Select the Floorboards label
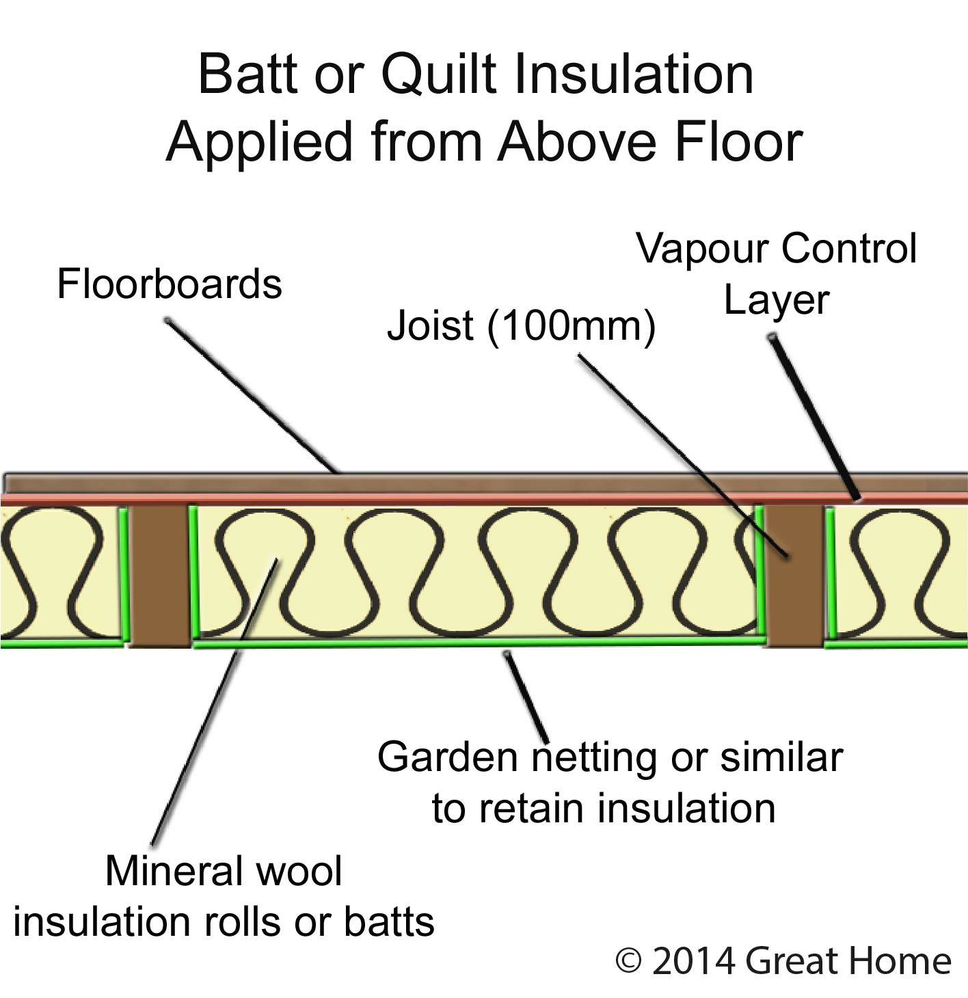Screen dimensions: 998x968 (x=169, y=284)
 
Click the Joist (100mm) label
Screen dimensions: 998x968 (x=521, y=325)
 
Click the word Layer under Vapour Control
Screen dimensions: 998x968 (x=777, y=300)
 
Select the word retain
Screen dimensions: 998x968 (x=532, y=809)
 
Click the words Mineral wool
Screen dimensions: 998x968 (x=224, y=871)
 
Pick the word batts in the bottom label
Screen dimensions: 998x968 (x=389, y=922)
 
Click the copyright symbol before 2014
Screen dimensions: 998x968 (x=628, y=961)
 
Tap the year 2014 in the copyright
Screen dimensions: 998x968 (x=693, y=961)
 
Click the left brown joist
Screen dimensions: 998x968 (x=159, y=575)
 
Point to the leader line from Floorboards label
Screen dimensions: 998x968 (x=253, y=396)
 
